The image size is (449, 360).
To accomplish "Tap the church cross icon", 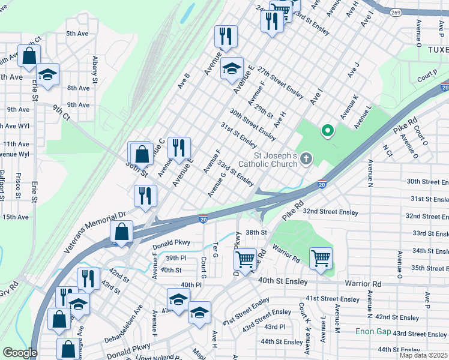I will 306,159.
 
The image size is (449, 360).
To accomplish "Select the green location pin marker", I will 328,130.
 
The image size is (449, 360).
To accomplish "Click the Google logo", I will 20,353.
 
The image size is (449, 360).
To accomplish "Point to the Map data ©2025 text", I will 423,355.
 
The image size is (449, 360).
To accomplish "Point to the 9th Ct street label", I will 61,112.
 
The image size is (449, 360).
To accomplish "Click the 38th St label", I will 255,232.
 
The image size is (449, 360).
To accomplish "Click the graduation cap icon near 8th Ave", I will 47,74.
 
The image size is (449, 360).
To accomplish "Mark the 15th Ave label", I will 15,217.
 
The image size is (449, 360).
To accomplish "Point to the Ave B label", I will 184,80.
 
